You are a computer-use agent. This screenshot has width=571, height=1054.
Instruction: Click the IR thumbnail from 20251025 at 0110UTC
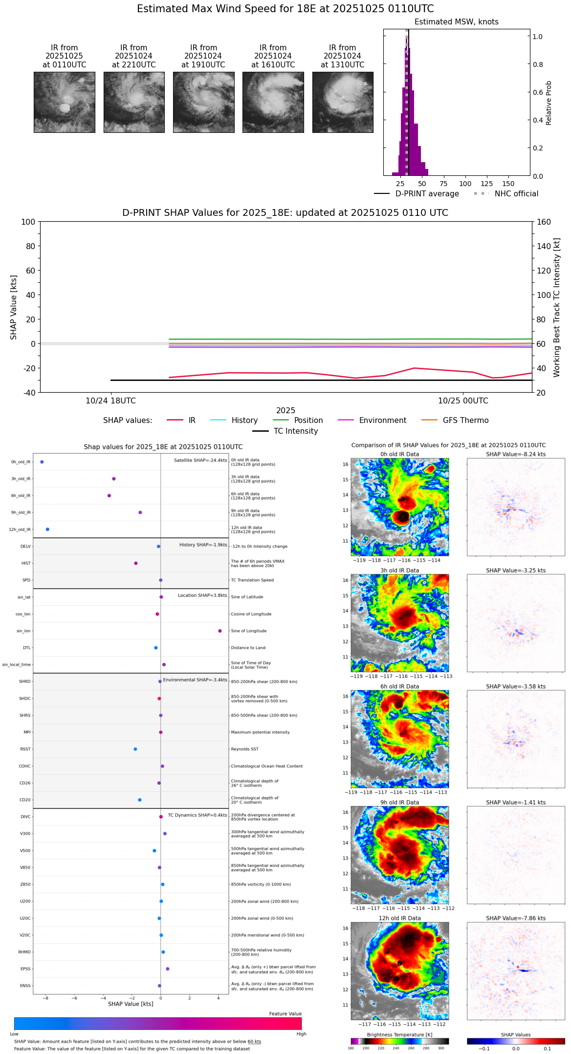point(64,102)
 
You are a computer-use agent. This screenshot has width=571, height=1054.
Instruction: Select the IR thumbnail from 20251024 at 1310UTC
point(342,102)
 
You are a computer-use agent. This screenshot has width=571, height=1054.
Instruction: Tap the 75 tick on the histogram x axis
point(443,184)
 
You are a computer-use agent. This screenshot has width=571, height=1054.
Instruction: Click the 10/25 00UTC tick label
point(462,401)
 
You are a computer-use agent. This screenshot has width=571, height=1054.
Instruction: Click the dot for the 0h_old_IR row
point(42,462)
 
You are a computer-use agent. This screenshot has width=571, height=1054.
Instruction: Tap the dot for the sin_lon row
point(220,631)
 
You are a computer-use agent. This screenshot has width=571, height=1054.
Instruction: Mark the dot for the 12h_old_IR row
point(47,529)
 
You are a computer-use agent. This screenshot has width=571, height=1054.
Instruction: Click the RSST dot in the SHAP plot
point(135,749)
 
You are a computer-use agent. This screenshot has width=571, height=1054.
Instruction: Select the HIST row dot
point(136,563)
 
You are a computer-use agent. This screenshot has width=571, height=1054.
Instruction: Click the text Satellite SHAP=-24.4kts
point(200,460)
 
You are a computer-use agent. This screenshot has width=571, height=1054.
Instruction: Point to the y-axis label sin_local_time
point(16,665)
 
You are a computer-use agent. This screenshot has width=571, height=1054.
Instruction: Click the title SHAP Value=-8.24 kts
point(516,454)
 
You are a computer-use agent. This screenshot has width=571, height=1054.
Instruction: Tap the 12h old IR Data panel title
point(399,918)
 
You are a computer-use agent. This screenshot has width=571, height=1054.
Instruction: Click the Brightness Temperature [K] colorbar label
point(399,1034)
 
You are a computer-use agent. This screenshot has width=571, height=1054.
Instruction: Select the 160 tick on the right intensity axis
point(544,222)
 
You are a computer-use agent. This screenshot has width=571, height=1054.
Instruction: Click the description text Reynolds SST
point(244,749)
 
